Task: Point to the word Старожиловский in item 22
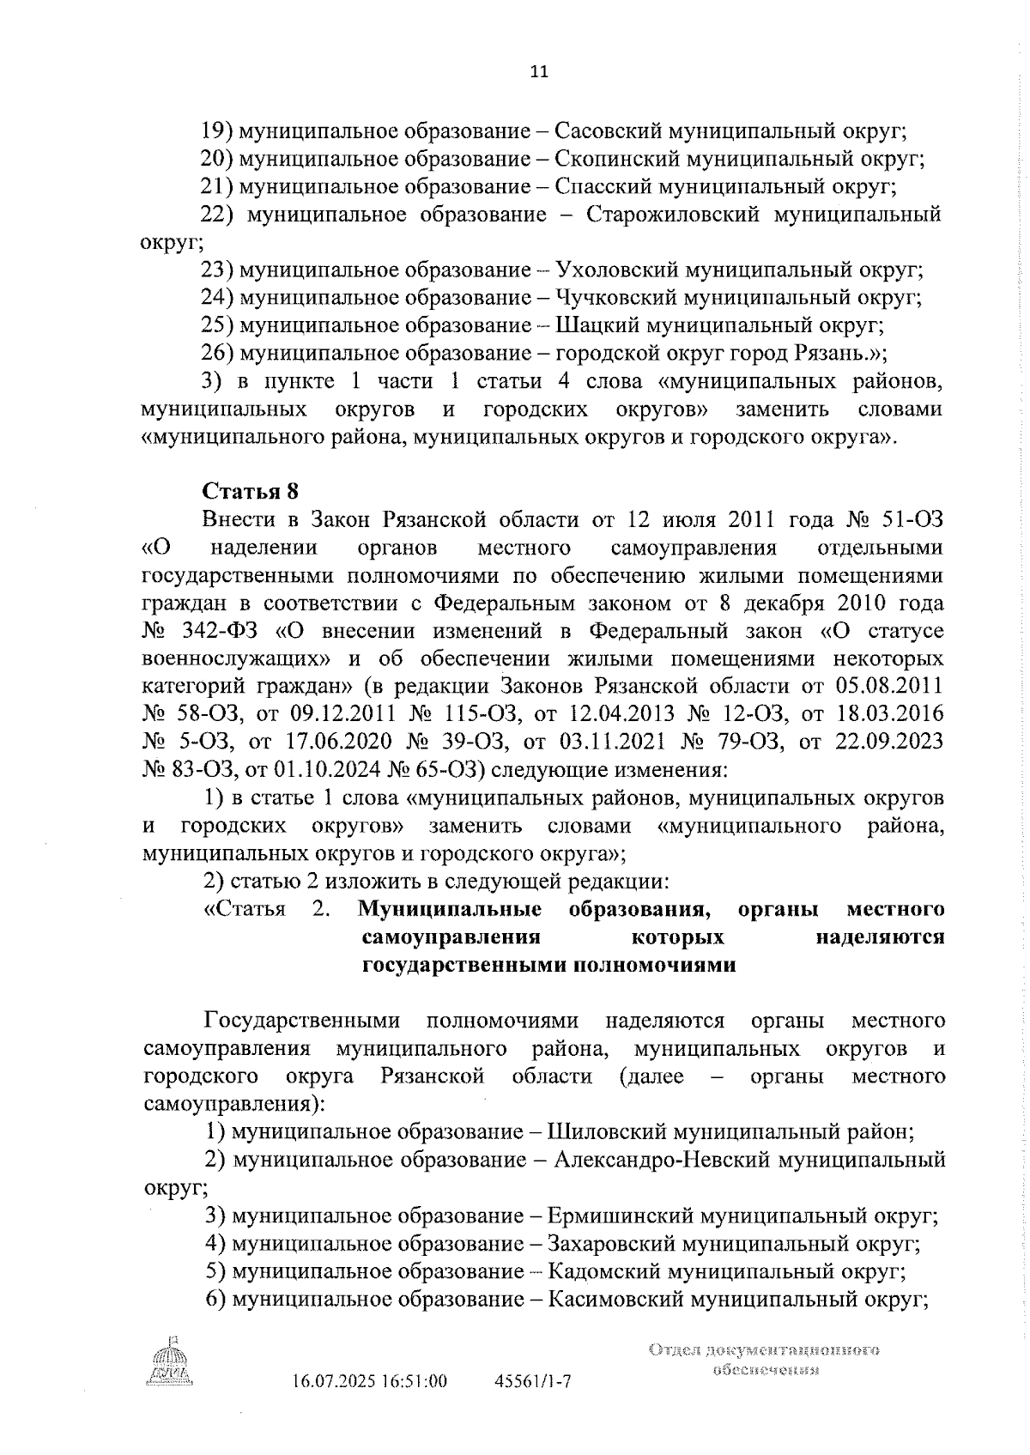pyautogui.click(x=674, y=215)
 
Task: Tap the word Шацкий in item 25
pyautogui.click(x=590, y=325)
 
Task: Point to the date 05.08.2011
pyautogui.click(x=888, y=686)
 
